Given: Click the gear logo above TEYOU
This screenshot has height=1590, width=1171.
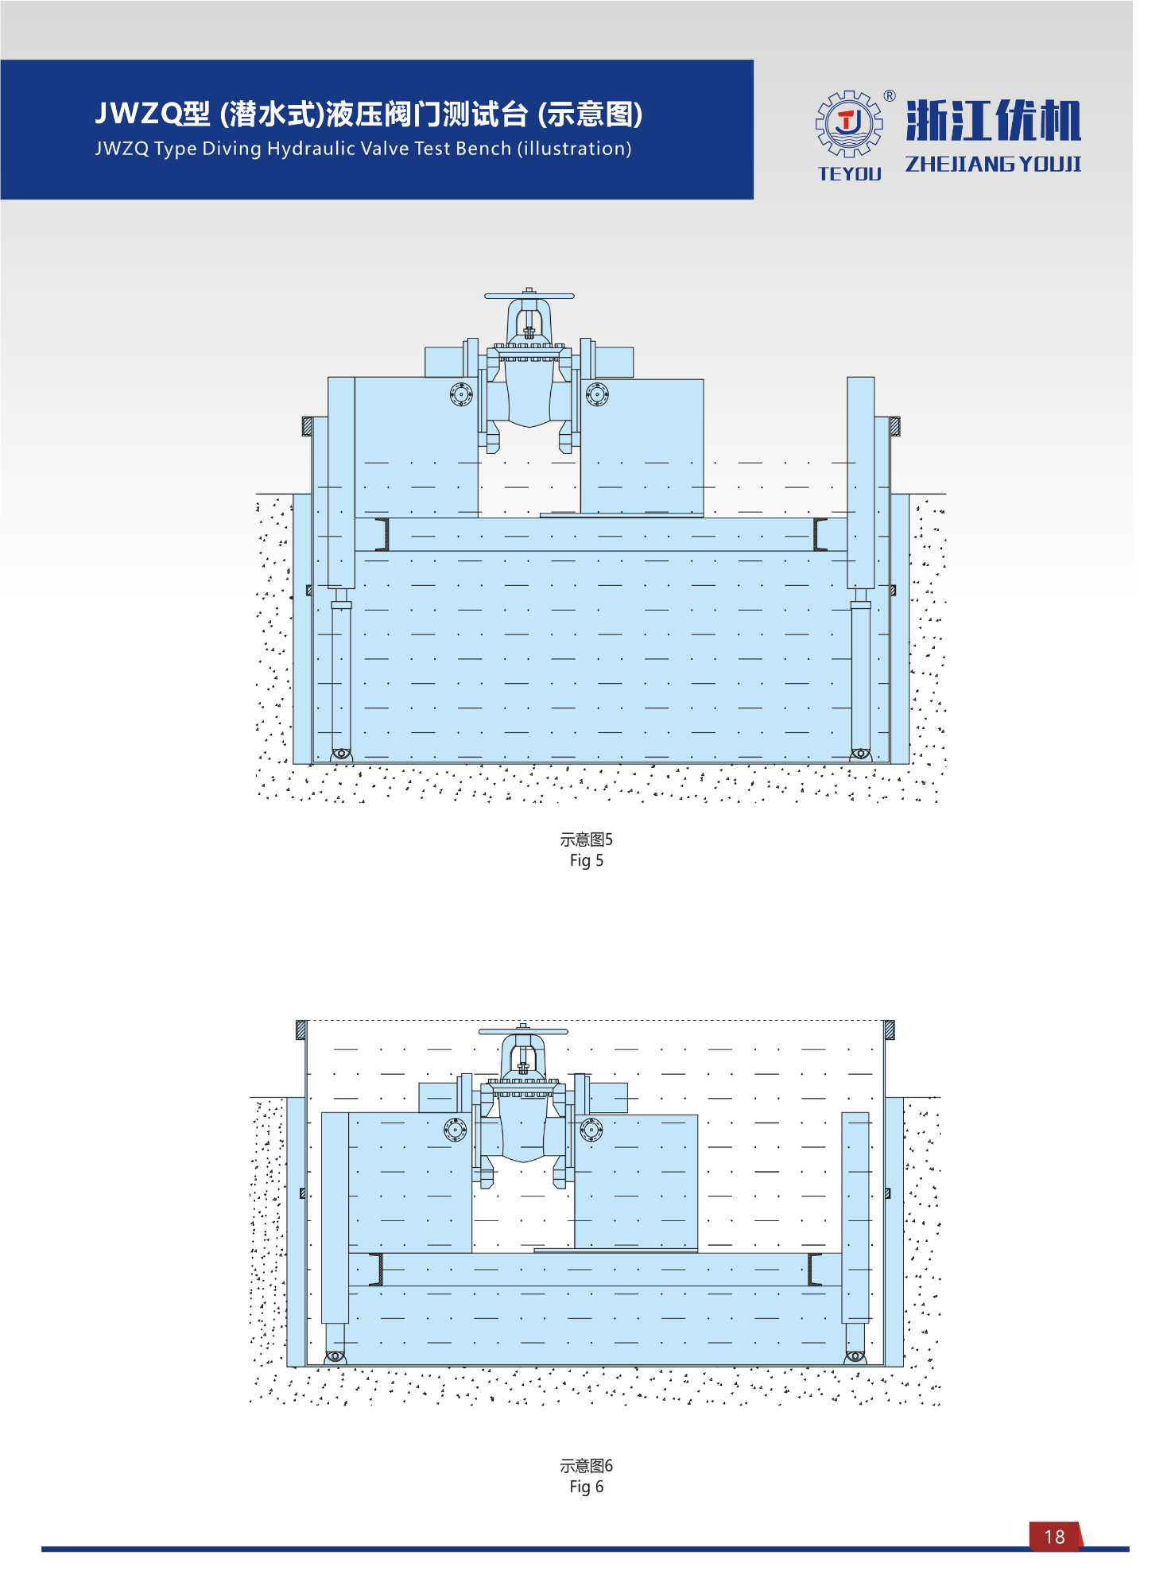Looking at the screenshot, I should click(849, 123).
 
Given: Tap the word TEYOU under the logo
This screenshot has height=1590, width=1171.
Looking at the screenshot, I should click(849, 173).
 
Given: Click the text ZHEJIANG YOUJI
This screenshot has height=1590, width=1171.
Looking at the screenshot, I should click(993, 164).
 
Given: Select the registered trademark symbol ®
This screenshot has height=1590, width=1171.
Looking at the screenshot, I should click(890, 96).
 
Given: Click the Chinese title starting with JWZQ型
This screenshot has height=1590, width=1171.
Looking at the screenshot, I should click(368, 114).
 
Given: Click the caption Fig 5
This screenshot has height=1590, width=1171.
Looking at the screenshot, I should click(586, 860).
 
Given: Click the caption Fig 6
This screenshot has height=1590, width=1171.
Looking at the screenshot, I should click(586, 1487).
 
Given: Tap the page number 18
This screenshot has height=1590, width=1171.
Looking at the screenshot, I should click(1054, 1537).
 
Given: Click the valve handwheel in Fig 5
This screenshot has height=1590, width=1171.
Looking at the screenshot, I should click(529, 296).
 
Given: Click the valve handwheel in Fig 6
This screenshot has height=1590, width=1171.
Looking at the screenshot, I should click(523, 1031).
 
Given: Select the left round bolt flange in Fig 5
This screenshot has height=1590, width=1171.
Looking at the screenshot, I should click(461, 394).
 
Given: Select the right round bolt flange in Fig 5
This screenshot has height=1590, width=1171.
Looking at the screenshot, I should click(597, 394).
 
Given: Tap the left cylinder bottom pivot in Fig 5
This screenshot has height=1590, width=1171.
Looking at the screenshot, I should click(341, 754).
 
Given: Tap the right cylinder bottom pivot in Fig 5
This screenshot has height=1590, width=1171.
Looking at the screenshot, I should click(860, 754).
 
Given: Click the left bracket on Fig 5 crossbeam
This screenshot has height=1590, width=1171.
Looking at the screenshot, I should click(382, 534).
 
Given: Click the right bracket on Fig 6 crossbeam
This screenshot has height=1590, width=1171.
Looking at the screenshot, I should click(814, 1270).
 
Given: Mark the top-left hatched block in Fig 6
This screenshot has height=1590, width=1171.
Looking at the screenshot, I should click(301, 1030).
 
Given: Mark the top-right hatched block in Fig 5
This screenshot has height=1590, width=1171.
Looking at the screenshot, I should click(894, 426).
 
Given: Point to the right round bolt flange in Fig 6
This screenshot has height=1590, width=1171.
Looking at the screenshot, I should click(591, 1129).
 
